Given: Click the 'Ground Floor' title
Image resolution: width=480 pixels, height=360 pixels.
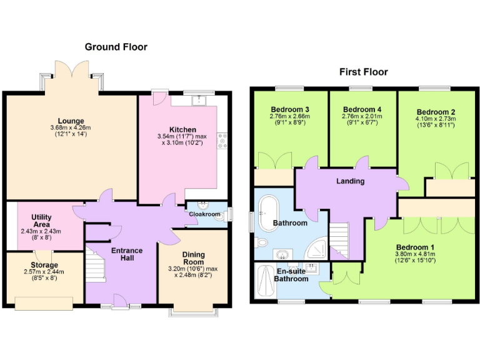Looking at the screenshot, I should coord(116,47).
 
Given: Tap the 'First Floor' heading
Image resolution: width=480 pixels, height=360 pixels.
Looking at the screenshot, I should coord(363,72).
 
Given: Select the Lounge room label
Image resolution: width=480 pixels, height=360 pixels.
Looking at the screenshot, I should coord(71,121).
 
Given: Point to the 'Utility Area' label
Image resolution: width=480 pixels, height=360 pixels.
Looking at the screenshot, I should coord(41,221).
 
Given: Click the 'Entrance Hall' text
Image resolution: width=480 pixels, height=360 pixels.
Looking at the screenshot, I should coord(127,255).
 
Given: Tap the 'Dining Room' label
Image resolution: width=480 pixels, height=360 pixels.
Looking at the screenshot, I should coord(193,259).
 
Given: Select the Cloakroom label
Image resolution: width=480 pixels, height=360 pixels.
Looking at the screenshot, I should coord(206,214).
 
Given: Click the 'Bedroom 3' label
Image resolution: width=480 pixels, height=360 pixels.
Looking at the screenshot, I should coord(289,109).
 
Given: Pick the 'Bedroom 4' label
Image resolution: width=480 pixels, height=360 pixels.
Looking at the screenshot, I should coord(362,109).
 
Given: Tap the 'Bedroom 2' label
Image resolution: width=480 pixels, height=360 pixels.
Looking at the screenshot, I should coord(436,112).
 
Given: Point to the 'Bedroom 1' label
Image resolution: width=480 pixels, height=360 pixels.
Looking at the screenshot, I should coord(415,247).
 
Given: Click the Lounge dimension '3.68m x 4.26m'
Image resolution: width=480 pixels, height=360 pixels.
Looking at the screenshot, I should coord(71,128).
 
